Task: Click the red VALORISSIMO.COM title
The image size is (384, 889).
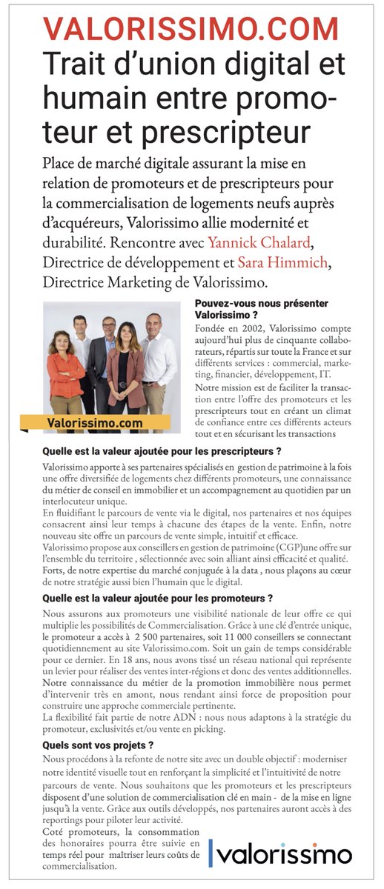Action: click(191, 29)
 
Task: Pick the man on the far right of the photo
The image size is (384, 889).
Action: click(158, 356)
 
